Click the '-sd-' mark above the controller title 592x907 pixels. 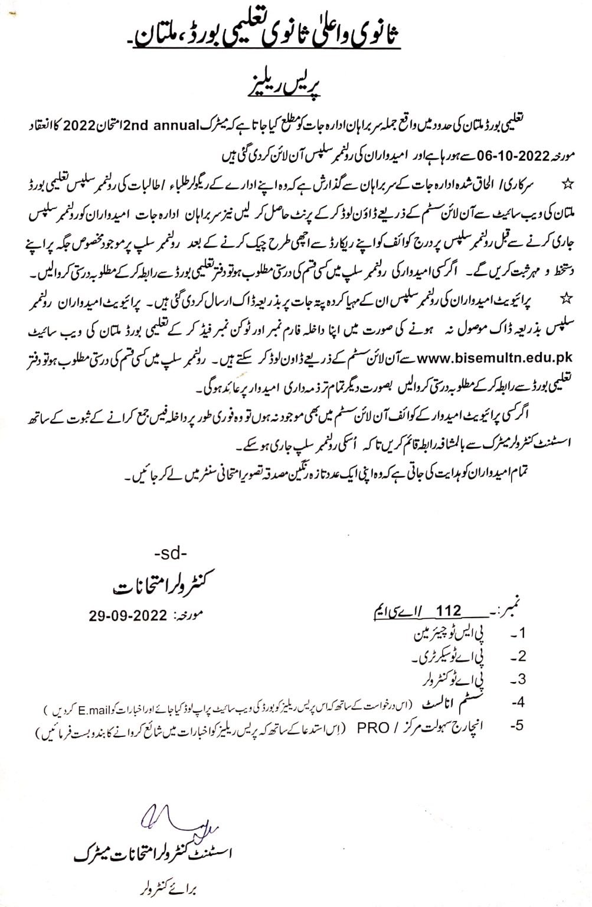169,555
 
